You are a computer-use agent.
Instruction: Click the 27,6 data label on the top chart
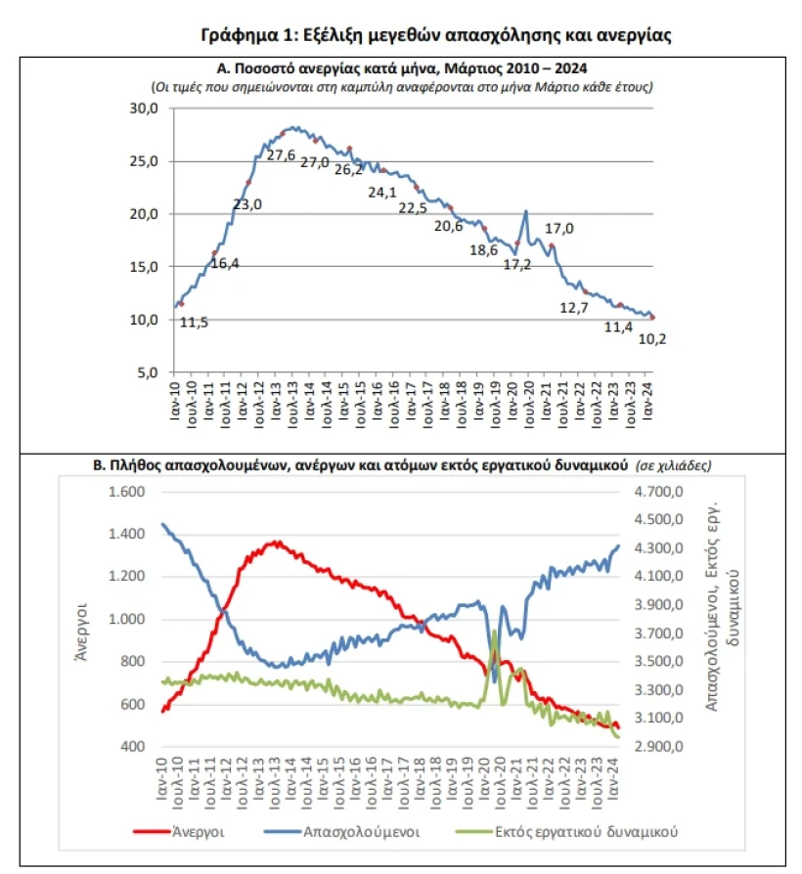click(x=282, y=154)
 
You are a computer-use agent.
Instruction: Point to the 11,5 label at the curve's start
click(x=194, y=323)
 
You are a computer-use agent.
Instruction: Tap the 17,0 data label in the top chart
click(x=558, y=229)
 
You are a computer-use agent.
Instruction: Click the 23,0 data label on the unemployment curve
click(x=247, y=204)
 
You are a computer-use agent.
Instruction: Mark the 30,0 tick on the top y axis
click(x=145, y=109)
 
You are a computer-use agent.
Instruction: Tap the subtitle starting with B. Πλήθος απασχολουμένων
click(x=360, y=467)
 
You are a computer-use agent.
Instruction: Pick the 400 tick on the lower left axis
click(x=132, y=747)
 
